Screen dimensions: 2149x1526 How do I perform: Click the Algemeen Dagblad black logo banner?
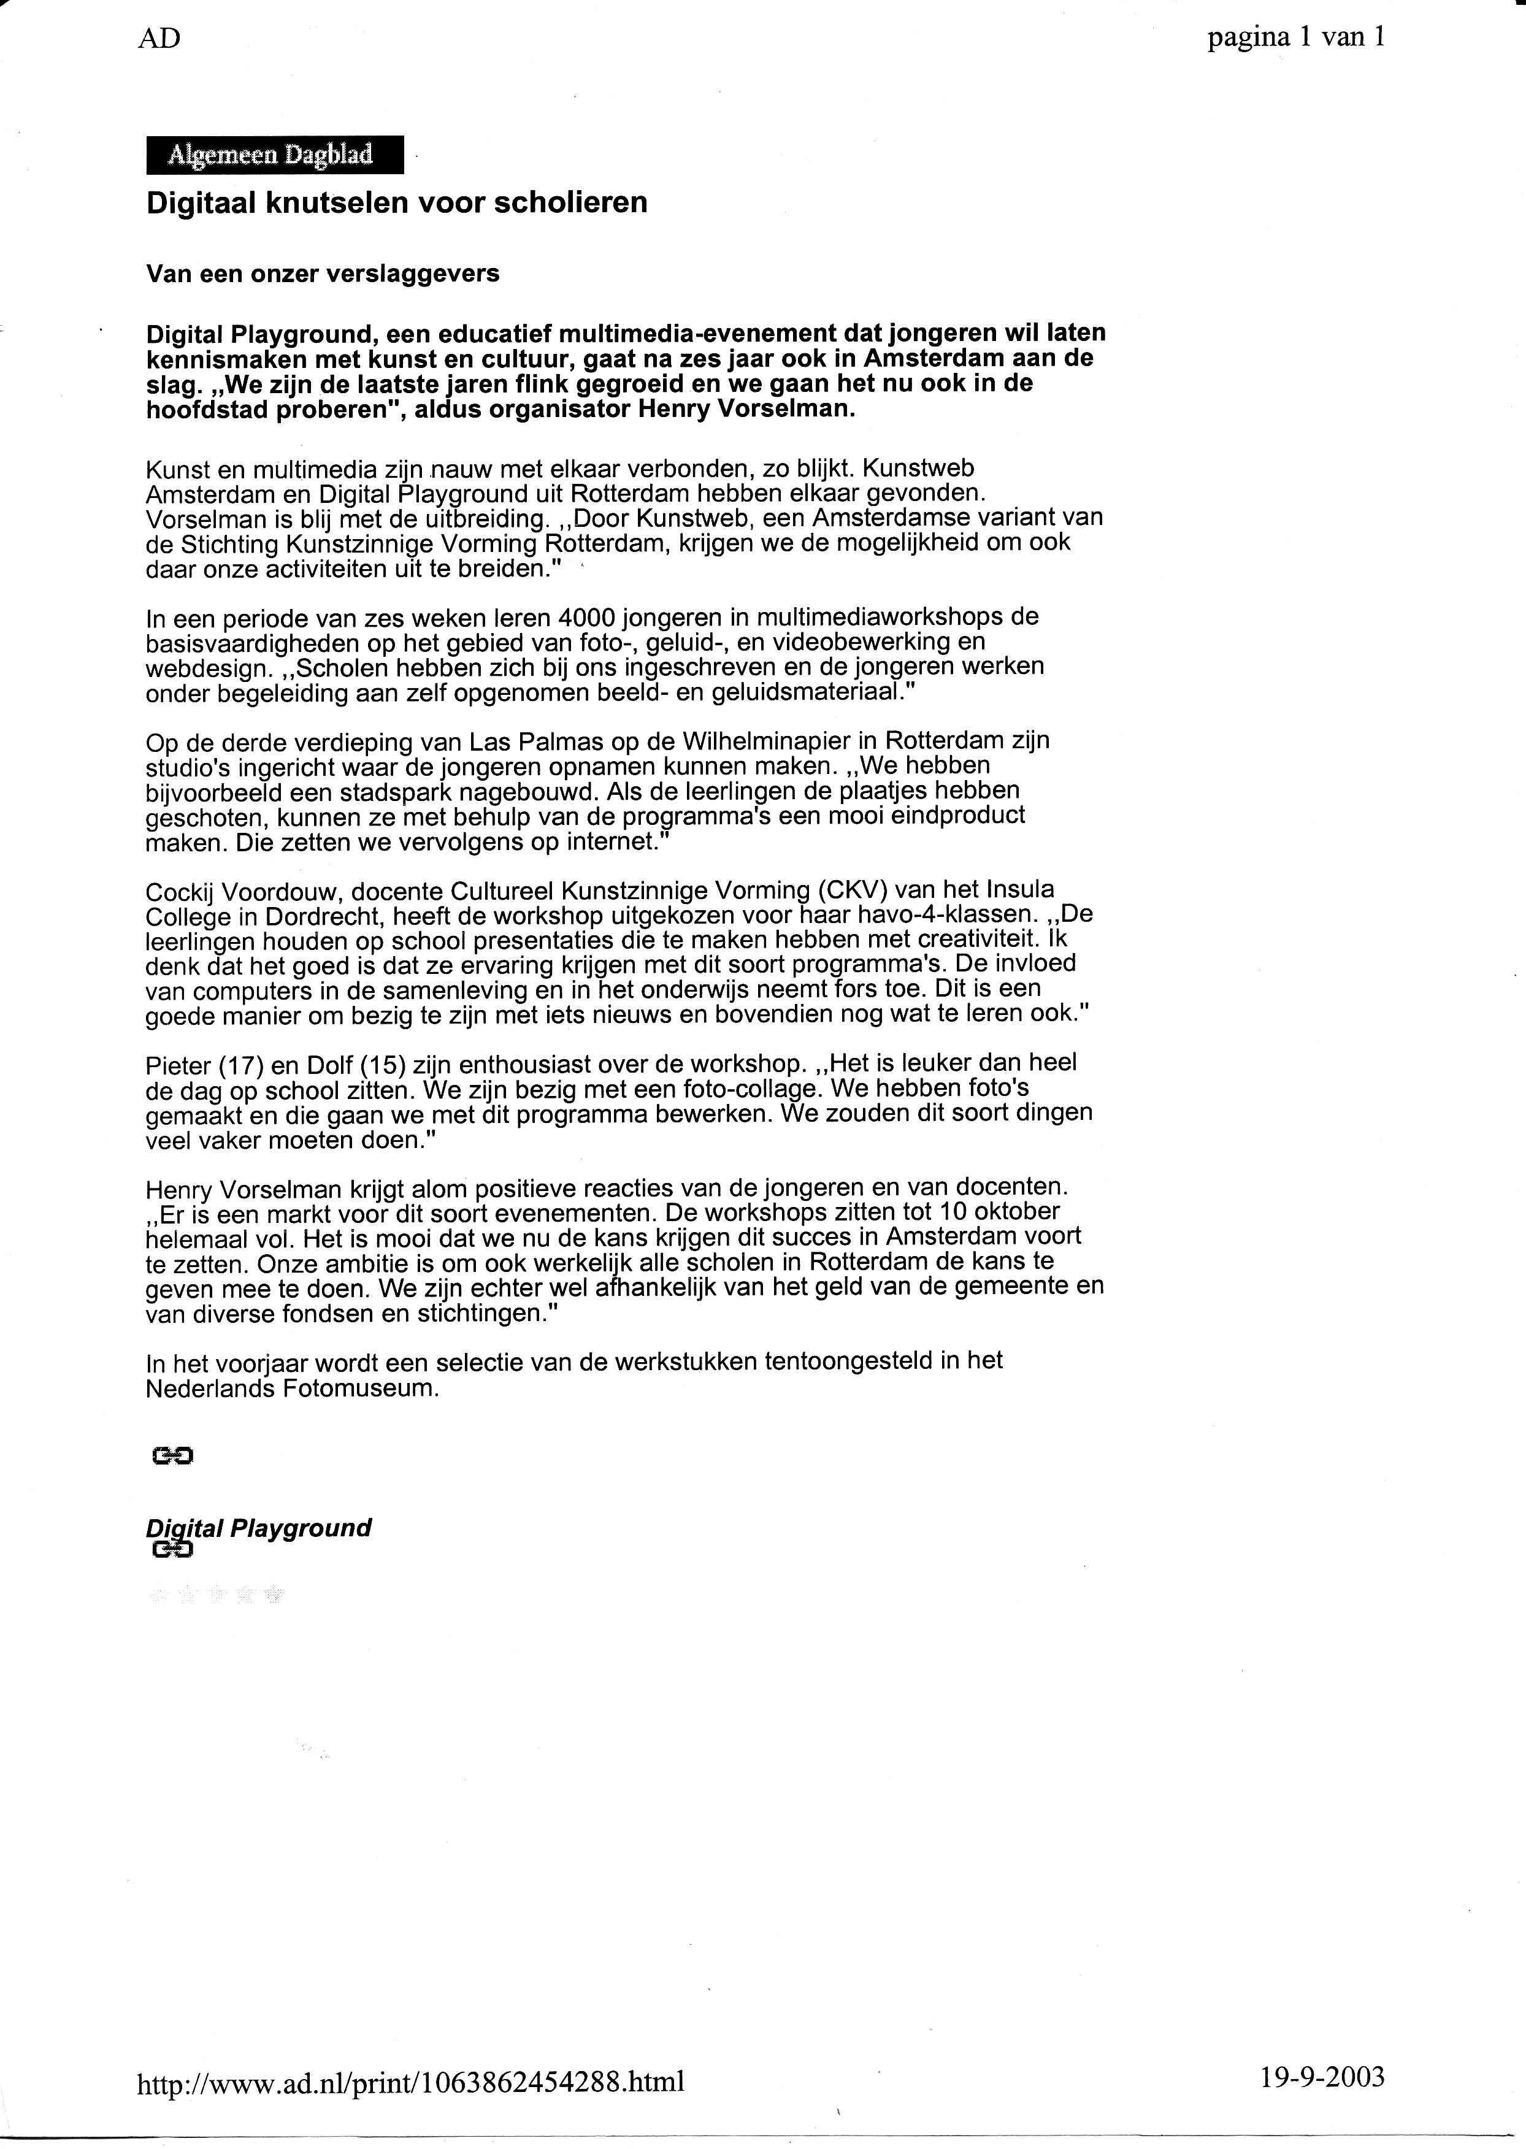[x=274, y=155]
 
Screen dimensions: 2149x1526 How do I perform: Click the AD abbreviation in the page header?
[x=159, y=39]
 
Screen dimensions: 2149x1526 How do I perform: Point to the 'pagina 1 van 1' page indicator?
[x=1296, y=37]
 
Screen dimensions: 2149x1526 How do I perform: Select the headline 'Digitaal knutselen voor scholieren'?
[x=397, y=203]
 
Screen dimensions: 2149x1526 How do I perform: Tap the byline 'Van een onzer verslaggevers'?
[x=322, y=274]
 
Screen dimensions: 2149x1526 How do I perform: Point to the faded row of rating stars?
[x=216, y=1594]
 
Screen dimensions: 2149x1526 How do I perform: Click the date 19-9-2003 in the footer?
[x=1322, y=2075]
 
